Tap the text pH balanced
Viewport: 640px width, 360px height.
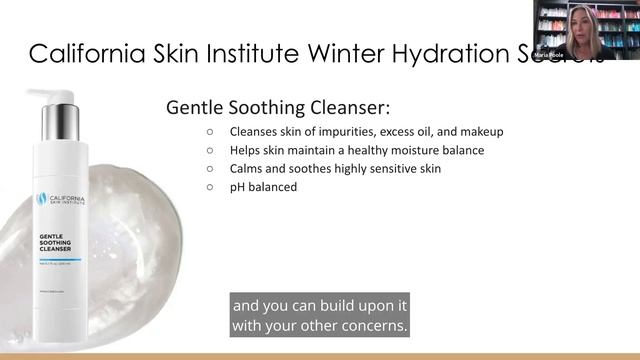(263, 186)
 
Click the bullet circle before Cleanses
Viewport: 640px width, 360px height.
(210, 132)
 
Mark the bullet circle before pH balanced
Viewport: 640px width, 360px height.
(210, 186)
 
